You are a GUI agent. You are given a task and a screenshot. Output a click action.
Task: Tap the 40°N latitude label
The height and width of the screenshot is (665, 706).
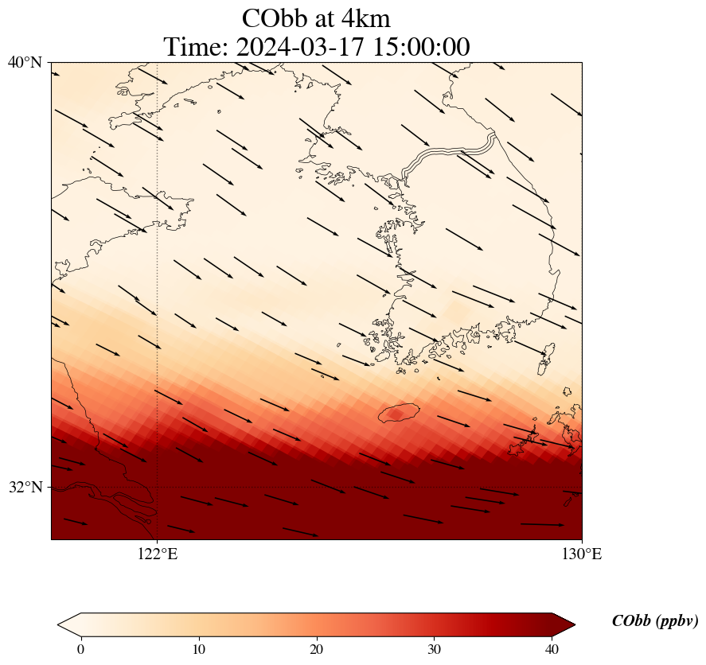tap(25, 62)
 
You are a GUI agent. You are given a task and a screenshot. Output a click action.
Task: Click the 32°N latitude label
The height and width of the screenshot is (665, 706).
tap(25, 487)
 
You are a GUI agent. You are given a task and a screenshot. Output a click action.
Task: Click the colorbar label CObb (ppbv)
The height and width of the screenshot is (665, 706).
tap(654, 621)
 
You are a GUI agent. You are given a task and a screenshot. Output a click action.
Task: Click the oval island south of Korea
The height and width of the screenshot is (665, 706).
tap(399, 413)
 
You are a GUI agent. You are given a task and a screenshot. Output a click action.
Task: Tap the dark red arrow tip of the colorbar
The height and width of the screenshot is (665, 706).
tap(558, 624)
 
